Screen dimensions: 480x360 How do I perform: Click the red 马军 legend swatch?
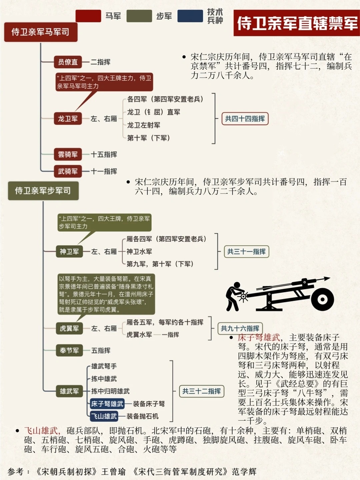pos(88,16)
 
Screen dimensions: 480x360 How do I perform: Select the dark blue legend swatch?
pos(190,16)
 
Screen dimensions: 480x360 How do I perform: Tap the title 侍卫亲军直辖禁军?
pos(297,23)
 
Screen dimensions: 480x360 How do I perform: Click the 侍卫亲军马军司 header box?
pos(41,32)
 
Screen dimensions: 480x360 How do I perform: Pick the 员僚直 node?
pos(68,62)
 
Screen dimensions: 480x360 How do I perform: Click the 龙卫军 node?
pos(68,119)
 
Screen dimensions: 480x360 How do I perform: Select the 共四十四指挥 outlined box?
pos(245,119)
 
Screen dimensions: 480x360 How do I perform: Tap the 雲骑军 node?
pos(68,154)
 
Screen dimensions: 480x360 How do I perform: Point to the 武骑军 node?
pos(68,171)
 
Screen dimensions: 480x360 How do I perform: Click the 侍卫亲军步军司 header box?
pos(43,191)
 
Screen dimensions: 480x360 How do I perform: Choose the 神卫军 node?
pos(69,252)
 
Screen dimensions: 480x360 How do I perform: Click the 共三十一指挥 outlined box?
pos(246,252)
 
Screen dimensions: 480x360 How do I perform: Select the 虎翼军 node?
pos(69,329)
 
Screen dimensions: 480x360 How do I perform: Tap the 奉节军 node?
pos(69,350)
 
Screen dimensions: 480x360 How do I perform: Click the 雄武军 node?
pos(69,391)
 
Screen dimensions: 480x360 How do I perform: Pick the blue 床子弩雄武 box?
pos(107,404)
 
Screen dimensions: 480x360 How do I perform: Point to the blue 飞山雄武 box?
pos(104,416)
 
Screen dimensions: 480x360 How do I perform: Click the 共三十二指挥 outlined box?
pos(201,391)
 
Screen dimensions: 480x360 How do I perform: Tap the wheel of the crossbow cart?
pos(322,299)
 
